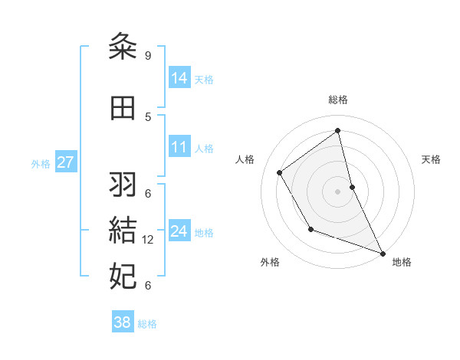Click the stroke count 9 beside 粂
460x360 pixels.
[x=147, y=56]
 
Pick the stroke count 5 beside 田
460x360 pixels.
[x=147, y=116]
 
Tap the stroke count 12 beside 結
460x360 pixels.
[x=149, y=240]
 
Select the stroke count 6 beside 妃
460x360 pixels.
[x=147, y=285]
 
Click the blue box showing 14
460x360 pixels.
[x=179, y=78]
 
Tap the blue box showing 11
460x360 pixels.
[x=179, y=147]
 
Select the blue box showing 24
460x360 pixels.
[x=179, y=231]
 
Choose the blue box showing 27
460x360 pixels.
[x=65, y=162]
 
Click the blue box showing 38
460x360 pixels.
[x=123, y=322]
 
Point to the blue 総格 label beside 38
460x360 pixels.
[x=147, y=324]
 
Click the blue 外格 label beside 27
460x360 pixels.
[x=41, y=164]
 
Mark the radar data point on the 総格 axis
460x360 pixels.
[x=337, y=130]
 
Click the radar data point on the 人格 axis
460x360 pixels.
[x=280, y=173]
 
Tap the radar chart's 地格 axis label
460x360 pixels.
[x=402, y=262]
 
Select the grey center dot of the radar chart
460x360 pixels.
[x=337, y=191]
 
